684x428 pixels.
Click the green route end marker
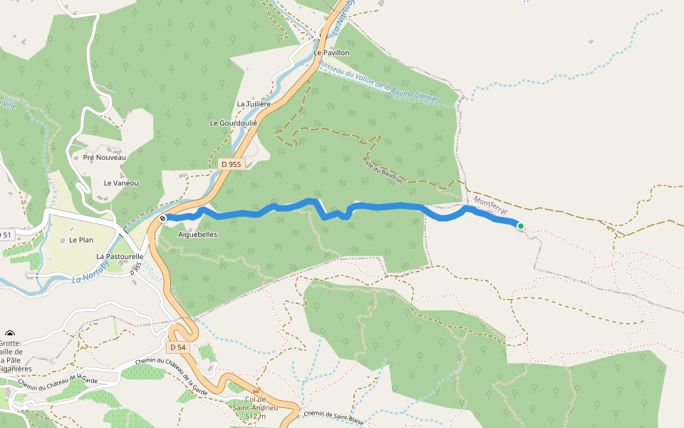click(x=521, y=227)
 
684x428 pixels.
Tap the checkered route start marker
click(x=163, y=218)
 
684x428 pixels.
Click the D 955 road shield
click(x=232, y=164)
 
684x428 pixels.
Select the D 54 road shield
click(x=177, y=347)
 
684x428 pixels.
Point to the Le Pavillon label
click(x=331, y=53)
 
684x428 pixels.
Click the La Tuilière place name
click(x=254, y=104)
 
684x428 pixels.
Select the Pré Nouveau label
click(x=105, y=157)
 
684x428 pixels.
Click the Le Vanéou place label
click(x=121, y=183)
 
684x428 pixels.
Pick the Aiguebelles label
click(x=197, y=234)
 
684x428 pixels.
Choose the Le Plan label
click(x=81, y=240)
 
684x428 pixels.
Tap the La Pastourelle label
click(x=120, y=255)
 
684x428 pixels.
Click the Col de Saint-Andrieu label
click(x=254, y=403)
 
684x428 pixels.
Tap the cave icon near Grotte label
click(x=10, y=335)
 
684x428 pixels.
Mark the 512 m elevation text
click(x=254, y=416)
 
